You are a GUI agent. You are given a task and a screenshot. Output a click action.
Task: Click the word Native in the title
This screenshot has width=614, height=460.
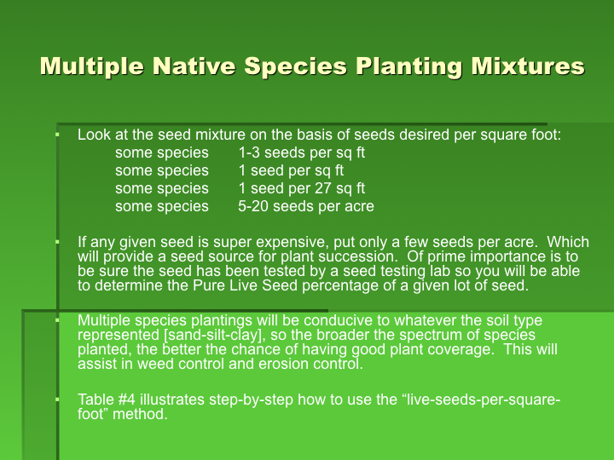pos(194,66)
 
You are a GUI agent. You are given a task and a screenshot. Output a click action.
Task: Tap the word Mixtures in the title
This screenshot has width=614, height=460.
pos(528,66)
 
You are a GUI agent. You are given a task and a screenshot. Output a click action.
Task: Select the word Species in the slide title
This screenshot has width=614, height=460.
pos(296,66)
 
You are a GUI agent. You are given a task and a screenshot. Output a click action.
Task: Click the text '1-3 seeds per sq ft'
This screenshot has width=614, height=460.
pos(302,152)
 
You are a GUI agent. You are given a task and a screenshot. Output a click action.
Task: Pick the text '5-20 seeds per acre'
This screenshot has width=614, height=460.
pos(306,206)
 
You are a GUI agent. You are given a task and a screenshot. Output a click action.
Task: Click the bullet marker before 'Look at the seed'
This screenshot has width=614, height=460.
pos(57,135)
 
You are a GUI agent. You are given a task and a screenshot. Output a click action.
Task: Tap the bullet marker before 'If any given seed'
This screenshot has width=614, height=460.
pos(57,242)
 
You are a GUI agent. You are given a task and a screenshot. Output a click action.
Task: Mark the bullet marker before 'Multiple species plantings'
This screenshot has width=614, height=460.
pos(57,320)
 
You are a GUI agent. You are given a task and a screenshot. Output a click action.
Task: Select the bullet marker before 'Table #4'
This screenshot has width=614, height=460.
pos(57,400)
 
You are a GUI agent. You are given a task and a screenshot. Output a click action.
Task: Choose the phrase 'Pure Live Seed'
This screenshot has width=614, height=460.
pos(245,285)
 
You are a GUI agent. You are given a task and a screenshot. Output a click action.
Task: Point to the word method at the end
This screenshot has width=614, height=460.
pos(140,414)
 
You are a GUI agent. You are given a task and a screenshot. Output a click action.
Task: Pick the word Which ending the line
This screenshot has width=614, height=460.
pos(568,242)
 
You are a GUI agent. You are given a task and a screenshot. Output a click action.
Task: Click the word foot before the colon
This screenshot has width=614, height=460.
pos(546,135)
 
